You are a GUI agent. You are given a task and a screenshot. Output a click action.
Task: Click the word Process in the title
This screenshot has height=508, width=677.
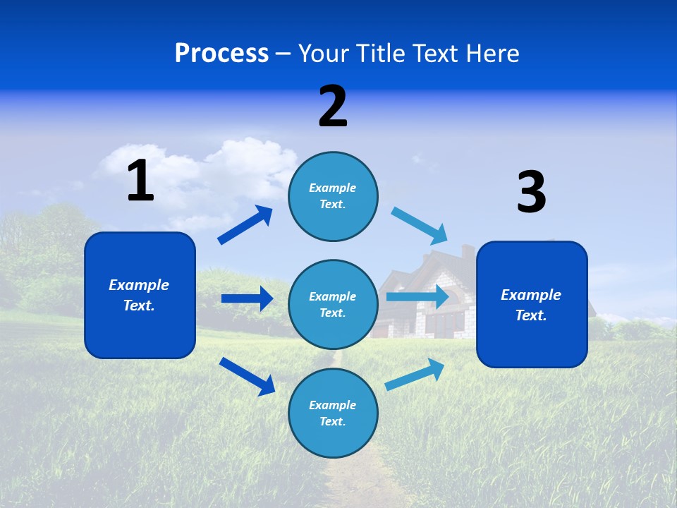221,54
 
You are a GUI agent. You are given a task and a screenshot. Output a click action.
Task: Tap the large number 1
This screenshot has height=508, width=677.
140,181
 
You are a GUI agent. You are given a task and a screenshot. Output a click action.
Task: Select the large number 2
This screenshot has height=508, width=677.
333,107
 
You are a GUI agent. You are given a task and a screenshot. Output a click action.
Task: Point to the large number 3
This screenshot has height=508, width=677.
531,193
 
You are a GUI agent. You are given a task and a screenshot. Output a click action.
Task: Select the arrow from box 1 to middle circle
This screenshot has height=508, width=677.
247,298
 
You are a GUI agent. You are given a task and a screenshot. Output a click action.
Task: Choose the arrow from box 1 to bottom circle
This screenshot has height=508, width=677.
247,376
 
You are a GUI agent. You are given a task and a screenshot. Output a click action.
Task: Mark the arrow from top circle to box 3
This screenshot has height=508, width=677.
419,226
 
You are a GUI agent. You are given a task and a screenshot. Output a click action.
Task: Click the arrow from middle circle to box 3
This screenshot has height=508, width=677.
417,296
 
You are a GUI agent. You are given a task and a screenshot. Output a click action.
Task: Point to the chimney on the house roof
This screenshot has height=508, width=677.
468,252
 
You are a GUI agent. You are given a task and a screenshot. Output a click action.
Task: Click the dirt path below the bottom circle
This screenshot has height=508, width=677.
353,480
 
